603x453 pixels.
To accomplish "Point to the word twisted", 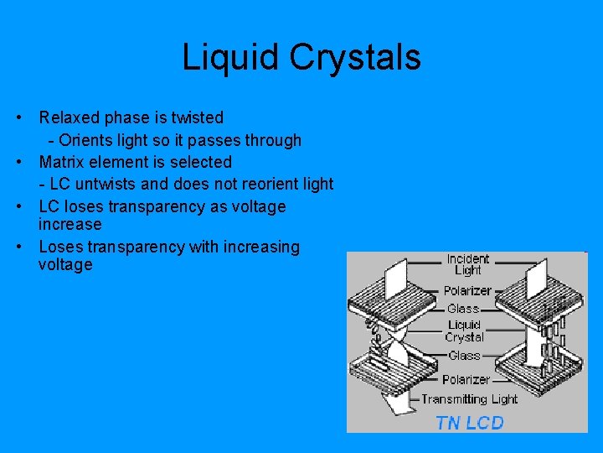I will (195, 117).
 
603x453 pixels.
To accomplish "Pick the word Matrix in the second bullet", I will (62, 162).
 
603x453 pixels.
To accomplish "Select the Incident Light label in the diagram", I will (467, 264).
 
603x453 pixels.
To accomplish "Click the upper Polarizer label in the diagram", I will (467, 290).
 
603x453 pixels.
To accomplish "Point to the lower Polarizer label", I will (466, 379).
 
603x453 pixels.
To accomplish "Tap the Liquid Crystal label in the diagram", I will (465, 331).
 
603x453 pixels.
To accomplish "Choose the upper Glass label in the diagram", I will (463, 309).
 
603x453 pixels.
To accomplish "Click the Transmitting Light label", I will (469, 399).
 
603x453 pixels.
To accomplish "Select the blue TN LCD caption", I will (470, 422).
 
